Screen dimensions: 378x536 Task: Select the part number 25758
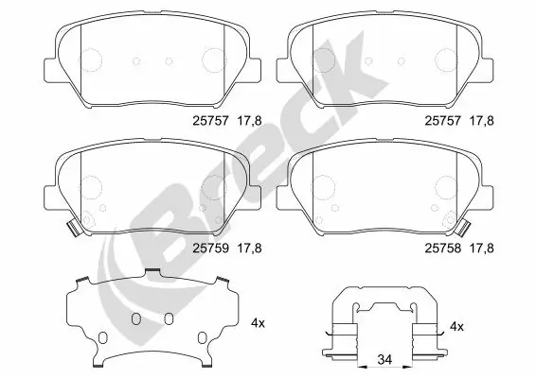tap(440, 249)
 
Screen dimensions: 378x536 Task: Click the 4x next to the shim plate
tap(258, 323)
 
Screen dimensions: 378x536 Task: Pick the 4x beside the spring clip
tap(457, 326)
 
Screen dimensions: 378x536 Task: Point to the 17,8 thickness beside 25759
tap(248, 249)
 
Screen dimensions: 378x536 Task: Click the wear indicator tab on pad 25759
tap(72, 227)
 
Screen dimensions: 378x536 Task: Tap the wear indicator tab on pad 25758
tap(467, 227)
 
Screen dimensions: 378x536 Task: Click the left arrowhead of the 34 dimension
tap(362, 360)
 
